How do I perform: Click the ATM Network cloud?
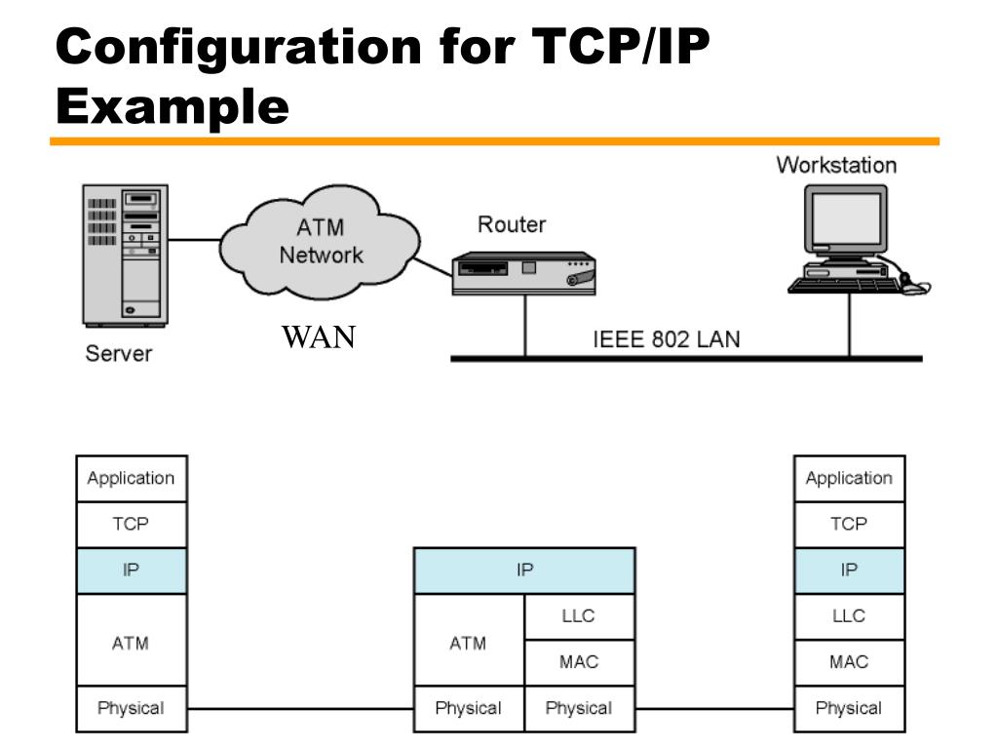click(320, 242)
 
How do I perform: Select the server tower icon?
click(126, 256)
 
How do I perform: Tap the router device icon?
click(523, 274)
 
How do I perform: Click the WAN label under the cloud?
click(319, 336)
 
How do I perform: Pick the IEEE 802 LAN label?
click(667, 338)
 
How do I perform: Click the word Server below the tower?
click(119, 353)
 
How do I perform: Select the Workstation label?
click(836, 165)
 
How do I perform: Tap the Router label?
click(512, 224)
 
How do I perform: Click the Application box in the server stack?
click(132, 478)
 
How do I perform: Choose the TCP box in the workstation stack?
click(849, 524)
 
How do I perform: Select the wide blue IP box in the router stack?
click(524, 570)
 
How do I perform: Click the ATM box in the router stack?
click(469, 640)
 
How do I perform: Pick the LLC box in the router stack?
click(579, 616)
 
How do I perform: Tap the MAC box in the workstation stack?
click(849, 662)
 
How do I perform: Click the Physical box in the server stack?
click(132, 709)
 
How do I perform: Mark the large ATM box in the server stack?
click(132, 640)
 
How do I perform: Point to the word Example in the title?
click(173, 105)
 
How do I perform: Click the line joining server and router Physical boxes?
click(300, 708)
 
